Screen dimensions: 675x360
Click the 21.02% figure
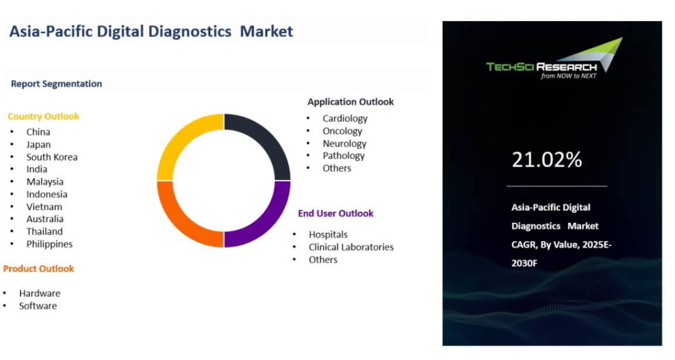[547, 159]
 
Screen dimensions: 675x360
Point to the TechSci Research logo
[554, 59]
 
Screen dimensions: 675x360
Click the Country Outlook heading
[43, 116]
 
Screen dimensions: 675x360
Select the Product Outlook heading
[39, 269]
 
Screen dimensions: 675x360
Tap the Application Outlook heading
[350, 102]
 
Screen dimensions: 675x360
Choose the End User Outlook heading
[336, 213]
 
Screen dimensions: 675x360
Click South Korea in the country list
[52, 157]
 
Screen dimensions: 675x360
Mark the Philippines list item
[49, 244]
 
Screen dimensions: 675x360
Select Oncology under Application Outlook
[343, 131]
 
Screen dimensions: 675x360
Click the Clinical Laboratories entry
[352, 247]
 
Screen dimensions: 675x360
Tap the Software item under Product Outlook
[38, 305]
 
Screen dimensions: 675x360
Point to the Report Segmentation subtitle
[56, 84]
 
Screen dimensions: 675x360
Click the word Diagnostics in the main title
[189, 32]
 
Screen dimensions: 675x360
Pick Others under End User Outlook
[323, 260]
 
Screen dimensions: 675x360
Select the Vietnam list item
[45, 207]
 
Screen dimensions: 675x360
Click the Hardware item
[40, 293]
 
